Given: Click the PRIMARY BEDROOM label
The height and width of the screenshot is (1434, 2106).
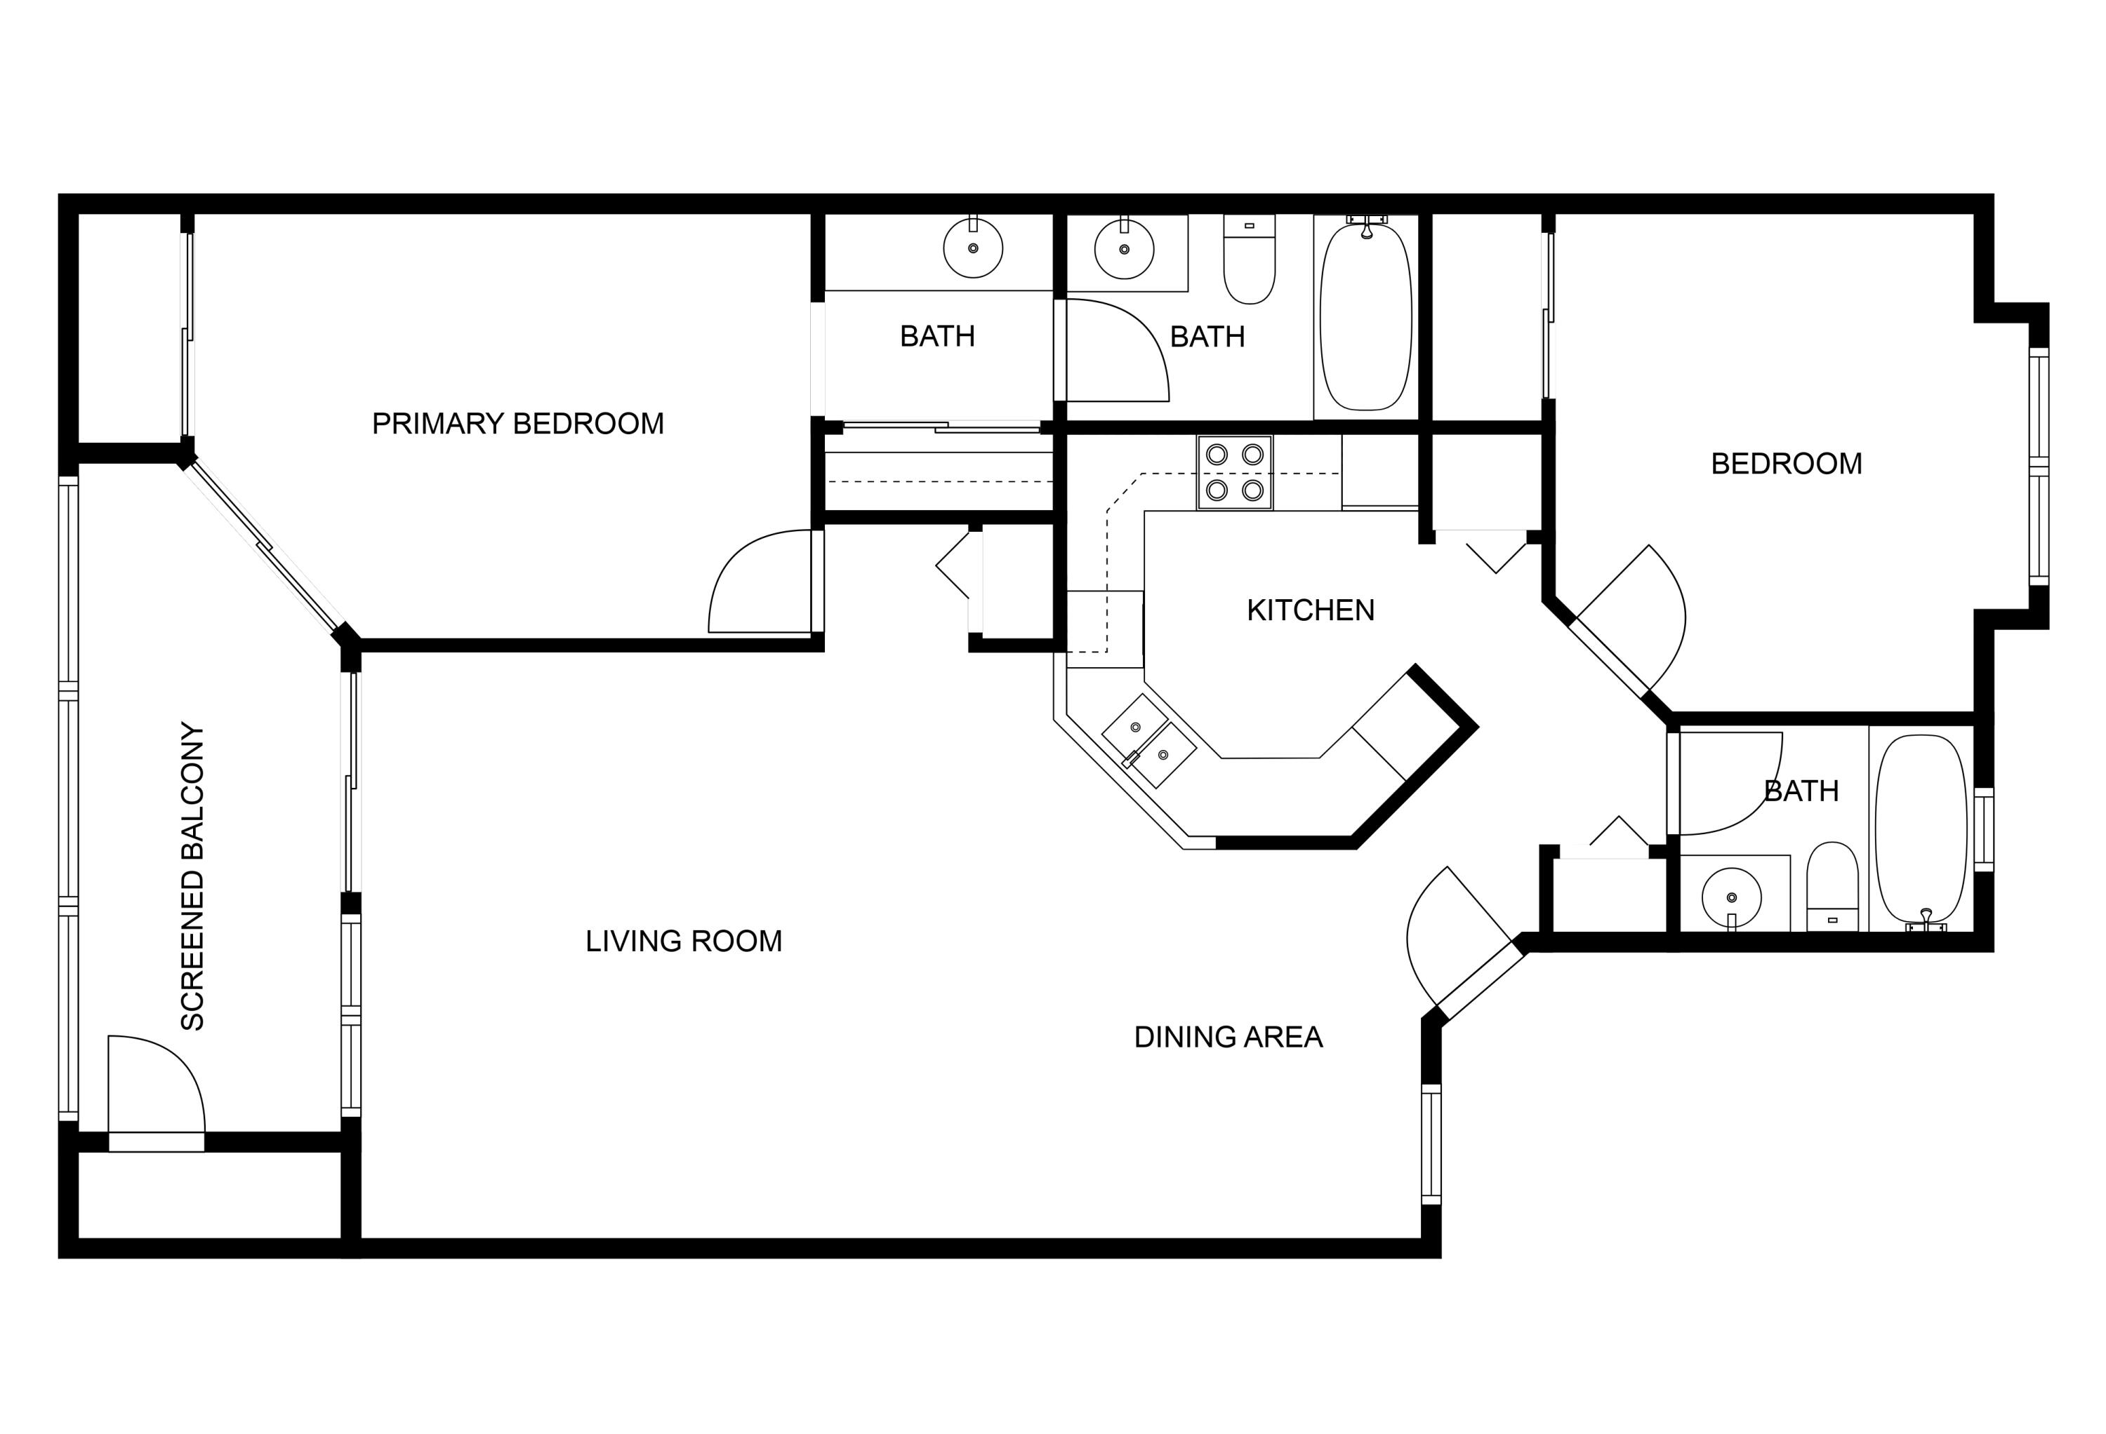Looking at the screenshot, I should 517,424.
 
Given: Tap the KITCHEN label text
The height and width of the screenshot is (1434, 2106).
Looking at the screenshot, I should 1311,610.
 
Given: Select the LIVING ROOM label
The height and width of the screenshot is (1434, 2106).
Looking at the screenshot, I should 683,942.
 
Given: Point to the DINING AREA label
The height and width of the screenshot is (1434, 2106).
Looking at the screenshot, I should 1228,1037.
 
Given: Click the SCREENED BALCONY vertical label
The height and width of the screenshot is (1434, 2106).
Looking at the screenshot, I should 193,876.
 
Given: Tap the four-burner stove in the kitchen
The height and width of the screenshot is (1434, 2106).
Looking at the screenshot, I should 1234,472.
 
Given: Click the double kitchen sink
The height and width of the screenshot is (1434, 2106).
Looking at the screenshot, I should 1148,741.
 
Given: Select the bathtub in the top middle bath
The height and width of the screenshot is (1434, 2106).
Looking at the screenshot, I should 1365,316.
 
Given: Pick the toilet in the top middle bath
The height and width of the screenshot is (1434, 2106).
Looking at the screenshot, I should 1249,260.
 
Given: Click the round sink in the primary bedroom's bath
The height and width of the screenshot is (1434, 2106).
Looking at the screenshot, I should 972,248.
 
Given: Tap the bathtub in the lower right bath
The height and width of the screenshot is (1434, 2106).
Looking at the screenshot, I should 1920,829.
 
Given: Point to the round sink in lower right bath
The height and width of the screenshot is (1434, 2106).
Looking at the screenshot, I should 1731,898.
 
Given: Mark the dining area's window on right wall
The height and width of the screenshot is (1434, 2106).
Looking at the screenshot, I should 1431,1144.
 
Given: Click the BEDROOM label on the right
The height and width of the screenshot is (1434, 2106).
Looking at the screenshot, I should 1785,464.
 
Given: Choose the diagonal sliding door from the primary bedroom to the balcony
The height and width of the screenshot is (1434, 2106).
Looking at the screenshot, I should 264,547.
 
